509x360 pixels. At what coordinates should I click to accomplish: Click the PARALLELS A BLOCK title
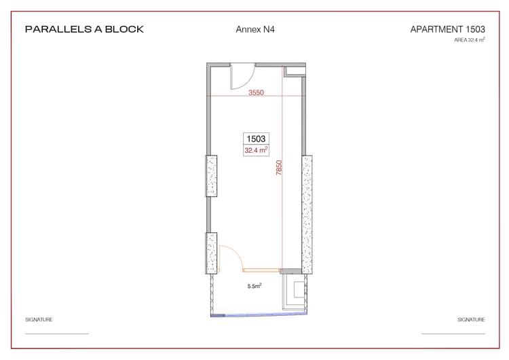pos(84,30)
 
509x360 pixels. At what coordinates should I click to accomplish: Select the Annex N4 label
pos(254,30)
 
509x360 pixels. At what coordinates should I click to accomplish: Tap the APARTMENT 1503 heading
pos(447,30)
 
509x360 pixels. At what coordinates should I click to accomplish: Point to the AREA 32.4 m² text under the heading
pos(470,40)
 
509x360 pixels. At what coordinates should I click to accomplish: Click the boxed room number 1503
pos(256,139)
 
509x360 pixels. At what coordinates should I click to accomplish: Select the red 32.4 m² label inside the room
pos(256,150)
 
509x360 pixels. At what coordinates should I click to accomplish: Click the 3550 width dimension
pos(256,92)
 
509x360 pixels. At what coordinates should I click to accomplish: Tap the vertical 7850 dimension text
pos(278,168)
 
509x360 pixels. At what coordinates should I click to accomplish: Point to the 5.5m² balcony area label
pos(254,287)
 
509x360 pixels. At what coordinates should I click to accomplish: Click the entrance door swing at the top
pos(242,76)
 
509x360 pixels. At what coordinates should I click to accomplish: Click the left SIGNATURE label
pos(39,319)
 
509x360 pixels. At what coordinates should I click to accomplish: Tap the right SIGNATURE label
pos(471,319)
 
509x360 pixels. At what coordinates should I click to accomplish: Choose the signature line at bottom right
pos(453,334)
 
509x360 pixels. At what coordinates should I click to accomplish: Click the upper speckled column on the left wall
pos(212,176)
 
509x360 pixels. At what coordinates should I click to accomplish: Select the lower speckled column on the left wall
pos(212,253)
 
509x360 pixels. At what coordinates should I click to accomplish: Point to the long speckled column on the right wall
pos(307,214)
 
